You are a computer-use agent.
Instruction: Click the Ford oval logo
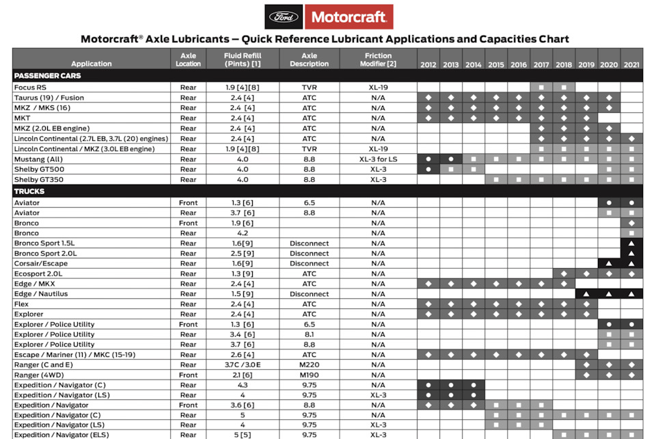coord(284,16)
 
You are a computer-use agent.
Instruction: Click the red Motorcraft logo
coord(348,16)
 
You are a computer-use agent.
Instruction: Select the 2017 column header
coord(541,64)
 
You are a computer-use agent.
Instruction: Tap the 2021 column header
coord(631,64)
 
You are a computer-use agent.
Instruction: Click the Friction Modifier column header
coord(378,59)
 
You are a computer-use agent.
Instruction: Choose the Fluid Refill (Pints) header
coord(243,59)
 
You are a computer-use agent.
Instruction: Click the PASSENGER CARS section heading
coord(47,76)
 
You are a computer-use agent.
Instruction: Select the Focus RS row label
coord(31,88)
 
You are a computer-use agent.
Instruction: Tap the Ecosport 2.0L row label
coord(42,274)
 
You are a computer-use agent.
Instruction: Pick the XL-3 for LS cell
coord(378,159)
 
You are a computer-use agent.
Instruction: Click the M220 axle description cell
coord(309,365)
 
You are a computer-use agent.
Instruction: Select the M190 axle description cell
coord(309,375)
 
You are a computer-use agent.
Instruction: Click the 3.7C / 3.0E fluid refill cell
coord(243,365)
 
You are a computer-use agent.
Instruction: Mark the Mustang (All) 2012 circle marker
coord(428,159)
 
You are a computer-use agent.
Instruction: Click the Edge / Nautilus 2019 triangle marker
coord(586,294)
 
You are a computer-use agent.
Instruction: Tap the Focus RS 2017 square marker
coord(541,88)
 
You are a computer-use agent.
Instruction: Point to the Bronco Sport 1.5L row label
coord(45,243)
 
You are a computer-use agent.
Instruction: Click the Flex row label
coord(21,304)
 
